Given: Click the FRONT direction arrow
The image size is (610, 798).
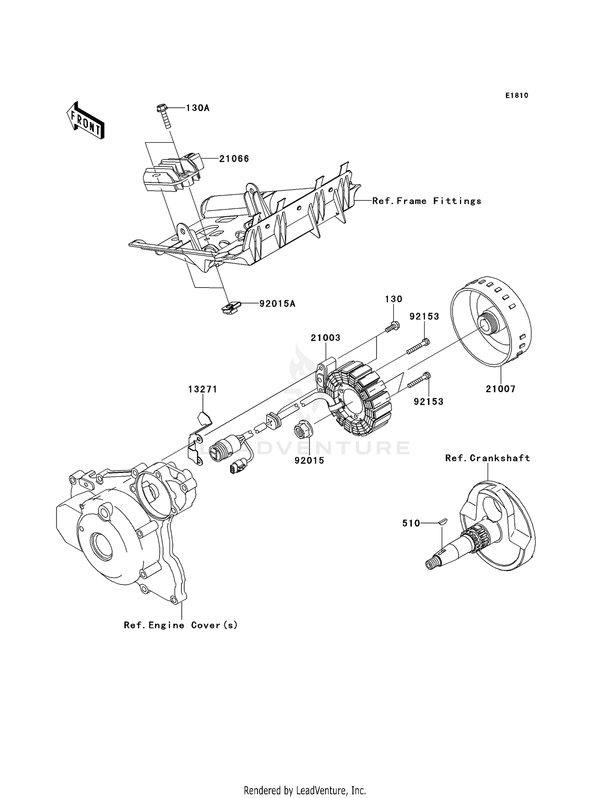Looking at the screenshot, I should click(85, 121).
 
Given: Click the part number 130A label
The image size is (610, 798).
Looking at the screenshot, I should click(198, 108).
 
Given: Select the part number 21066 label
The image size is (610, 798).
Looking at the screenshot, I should click(234, 159).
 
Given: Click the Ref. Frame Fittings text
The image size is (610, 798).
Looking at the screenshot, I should click(427, 201).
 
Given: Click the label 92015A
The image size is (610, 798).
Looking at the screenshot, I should click(277, 303).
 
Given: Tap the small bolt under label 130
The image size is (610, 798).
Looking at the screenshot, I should click(392, 326).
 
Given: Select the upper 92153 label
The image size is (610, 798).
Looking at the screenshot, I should click(424, 316).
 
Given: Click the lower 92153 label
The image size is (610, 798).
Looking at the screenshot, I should click(429, 401).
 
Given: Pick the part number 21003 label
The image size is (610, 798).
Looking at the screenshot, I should click(325, 338).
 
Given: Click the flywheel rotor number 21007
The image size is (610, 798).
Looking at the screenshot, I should click(500, 389).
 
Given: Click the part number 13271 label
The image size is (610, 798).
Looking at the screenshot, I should click(203, 389).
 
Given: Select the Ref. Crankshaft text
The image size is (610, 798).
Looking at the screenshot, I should click(488, 458).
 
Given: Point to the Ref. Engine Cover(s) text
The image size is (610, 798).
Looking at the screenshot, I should click(181, 625).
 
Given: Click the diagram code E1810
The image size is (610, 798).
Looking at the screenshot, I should click(516, 96).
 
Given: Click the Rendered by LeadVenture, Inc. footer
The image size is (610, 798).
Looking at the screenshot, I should click(305, 790).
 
